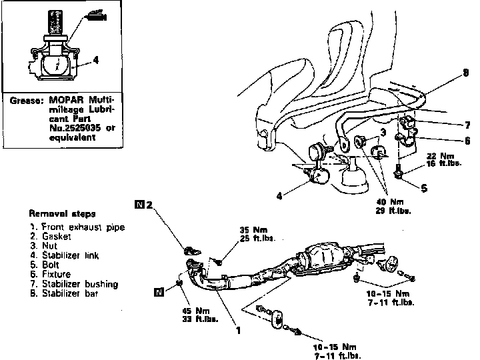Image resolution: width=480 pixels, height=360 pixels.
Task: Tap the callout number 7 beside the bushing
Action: tap(467, 124)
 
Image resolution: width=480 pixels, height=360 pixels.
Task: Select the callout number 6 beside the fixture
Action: tap(467, 141)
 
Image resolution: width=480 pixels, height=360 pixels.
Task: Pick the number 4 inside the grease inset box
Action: tap(97, 60)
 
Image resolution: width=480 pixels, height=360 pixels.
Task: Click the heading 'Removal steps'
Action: tap(61, 215)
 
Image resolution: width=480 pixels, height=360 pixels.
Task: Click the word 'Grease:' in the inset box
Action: tap(27, 101)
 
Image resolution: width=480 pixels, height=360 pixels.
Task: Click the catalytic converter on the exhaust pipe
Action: tap(326, 257)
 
